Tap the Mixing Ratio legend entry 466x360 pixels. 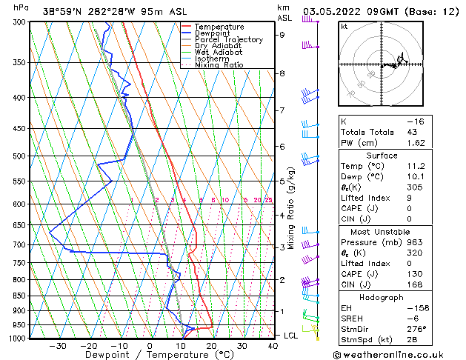[219, 65]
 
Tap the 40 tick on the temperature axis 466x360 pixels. [273, 346]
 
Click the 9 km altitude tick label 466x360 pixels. [282, 34]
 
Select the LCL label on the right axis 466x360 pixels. [291, 336]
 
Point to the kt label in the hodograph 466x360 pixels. [344, 26]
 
